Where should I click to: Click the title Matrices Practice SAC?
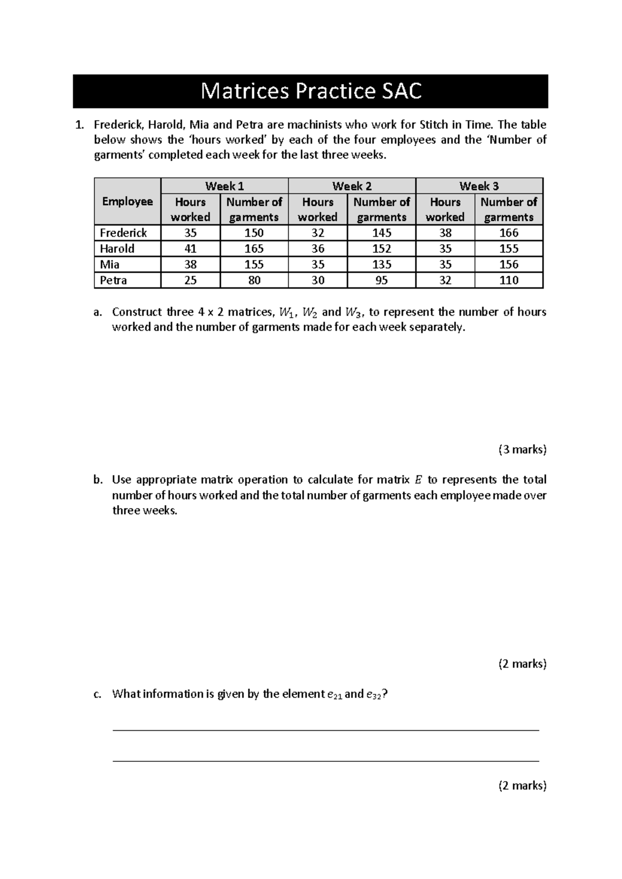310,91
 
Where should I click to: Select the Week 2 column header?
351,186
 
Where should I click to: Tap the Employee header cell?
128,202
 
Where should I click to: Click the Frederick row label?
123,233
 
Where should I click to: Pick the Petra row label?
114,280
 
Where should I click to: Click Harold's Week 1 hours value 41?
190,249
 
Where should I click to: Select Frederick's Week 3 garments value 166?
508,233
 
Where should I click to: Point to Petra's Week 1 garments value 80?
254,280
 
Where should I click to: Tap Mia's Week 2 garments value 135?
381,264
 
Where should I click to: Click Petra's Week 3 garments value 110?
508,280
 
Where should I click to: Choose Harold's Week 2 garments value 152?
381,249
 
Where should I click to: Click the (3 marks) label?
522,449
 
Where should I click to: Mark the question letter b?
97,480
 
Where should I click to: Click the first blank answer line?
326,730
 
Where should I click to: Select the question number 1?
79,125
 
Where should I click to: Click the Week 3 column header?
479,186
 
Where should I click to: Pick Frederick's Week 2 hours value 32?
318,233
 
